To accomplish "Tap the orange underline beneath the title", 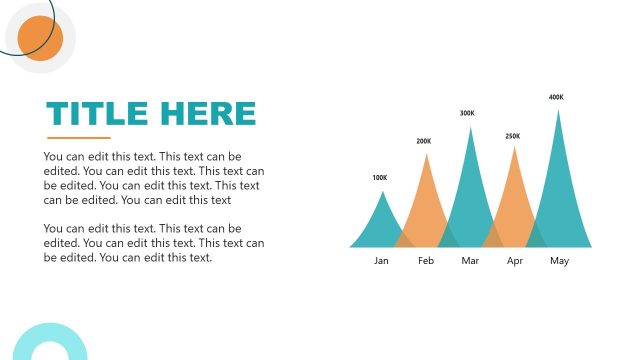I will [x=78, y=137].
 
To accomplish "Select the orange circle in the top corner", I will [x=40, y=39].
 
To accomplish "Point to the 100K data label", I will [x=380, y=178].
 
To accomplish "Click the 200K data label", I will [x=424, y=141].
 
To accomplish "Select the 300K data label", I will [x=467, y=113].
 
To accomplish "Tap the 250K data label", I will [x=513, y=136].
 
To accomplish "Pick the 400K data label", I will [x=556, y=97].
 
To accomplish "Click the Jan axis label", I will [x=381, y=261].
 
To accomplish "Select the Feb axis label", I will [x=426, y=261].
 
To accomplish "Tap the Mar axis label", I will [x=471, y=261].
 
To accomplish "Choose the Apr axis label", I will [x=515, y=261].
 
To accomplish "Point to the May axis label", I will [x=559, y=261].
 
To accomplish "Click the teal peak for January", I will [x=381, y=225].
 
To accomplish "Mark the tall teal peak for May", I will [x=558, y=185].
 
